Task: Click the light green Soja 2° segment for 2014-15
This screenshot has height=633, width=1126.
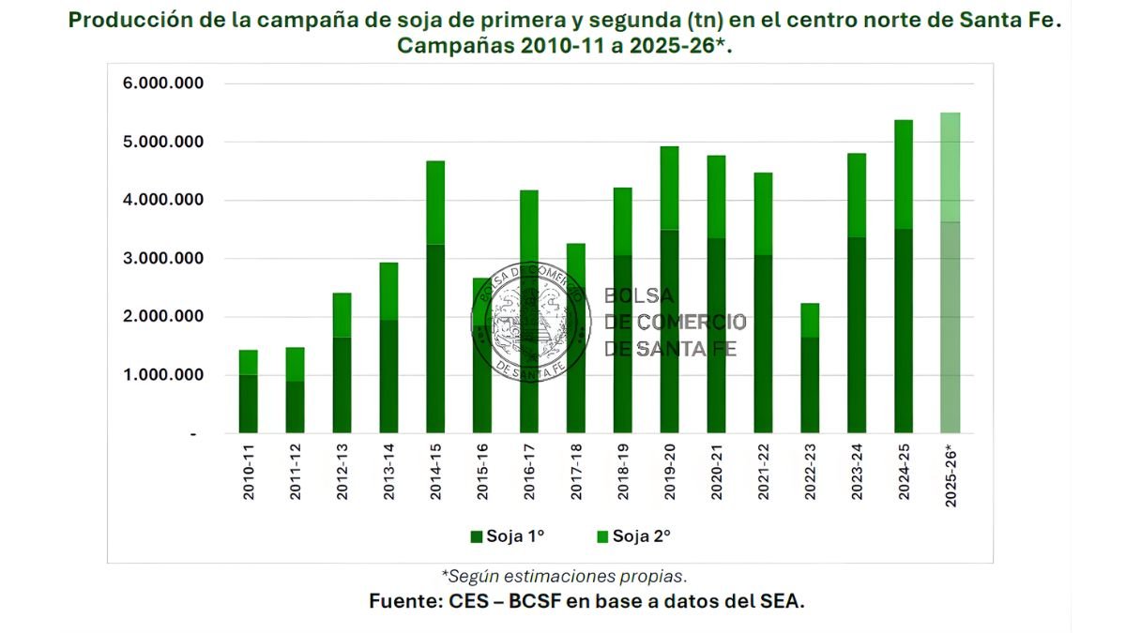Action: pyautogui.click(x=435, y=203)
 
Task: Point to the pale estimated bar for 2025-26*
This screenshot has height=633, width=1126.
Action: pyautogui.click(x=951, y=272)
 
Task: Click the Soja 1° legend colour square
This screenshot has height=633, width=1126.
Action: pyautogui.click(x=476, y=536)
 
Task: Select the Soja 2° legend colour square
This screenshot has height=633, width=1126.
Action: pyautogui.click(x=602, y=536)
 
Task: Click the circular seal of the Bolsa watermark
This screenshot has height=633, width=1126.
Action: pyautogui.click(x=531, y=322)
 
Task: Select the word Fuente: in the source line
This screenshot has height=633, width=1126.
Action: pyautogui.click(x=401, y=602)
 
